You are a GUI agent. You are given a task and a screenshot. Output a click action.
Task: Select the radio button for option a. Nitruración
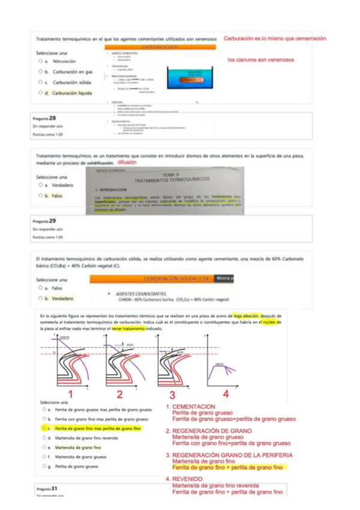coord(39,61)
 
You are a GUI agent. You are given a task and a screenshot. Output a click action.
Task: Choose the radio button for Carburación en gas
coord(39,72)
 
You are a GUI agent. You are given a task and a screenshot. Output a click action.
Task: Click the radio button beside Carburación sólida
coord(39,82)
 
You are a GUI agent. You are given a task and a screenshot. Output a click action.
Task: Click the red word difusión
coord(127,162)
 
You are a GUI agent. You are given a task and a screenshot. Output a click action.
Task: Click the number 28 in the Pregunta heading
coord(53,118)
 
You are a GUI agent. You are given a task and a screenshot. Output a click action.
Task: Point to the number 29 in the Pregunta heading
coord(53,221)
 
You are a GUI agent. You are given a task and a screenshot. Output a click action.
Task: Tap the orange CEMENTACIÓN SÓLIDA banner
coord(153,279)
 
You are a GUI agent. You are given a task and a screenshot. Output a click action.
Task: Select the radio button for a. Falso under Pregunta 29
coord(39,288)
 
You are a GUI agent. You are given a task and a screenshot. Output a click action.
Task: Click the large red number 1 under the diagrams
coord(71,394)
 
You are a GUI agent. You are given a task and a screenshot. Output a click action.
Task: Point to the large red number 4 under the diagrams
coord(225,394)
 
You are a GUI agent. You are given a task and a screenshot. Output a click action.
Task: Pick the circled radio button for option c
coord(44,428)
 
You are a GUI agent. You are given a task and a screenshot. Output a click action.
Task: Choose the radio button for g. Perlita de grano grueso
coord(44,466)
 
